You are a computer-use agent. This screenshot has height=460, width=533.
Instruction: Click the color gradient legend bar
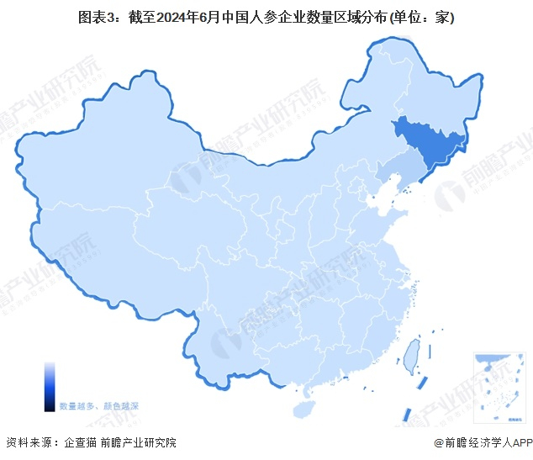(x=50, y=386)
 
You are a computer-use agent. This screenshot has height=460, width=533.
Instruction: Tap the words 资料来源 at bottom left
(x=27, y=443)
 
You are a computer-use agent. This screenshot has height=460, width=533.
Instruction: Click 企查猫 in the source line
(x=80, y=443)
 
